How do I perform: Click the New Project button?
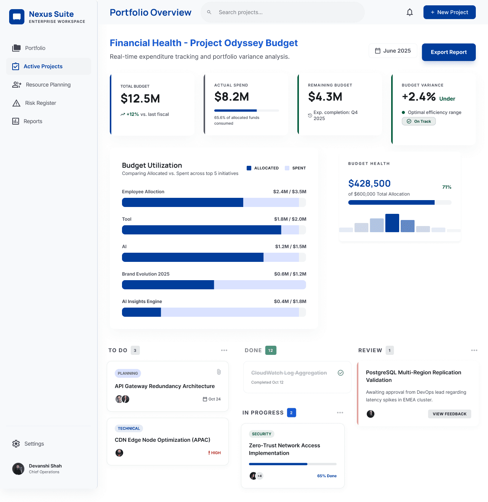[x=449, y=12]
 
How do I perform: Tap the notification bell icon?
[x=410, y=12]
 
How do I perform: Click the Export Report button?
[x=449, y=52]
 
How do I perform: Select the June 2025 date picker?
[x=393, y=51]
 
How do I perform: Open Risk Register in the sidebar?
[x=40, y=103]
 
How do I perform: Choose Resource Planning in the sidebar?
[x=48, y=85]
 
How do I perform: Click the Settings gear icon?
[x=16, y=444]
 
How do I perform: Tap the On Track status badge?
[x=419, y=121]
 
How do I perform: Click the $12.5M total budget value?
[x=140, y=99]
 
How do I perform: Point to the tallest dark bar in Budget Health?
[x=392, y=223]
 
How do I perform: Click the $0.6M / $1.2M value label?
[x=290, y=274]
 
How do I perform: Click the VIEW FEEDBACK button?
[x=449, y=414]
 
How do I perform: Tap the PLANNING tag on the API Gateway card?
[x=128, y=374]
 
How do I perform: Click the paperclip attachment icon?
[x=219, y=372]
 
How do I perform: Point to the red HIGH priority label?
[x=215, y=453]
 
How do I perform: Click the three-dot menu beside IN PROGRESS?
[x=340, y=413]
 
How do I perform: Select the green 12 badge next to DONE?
[x=271, y=350]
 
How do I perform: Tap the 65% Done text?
[x=327, y=476]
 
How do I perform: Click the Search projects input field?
[x=282, y=12]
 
